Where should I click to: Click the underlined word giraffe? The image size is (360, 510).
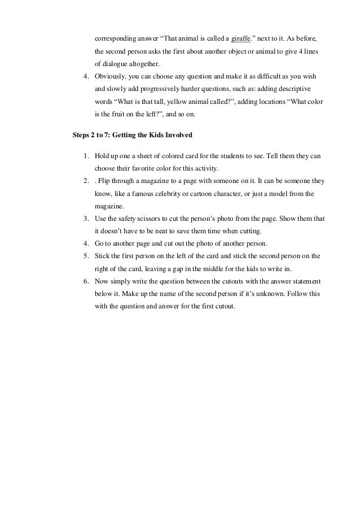(241, 38)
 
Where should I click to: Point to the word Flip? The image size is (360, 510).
(104, 181)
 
